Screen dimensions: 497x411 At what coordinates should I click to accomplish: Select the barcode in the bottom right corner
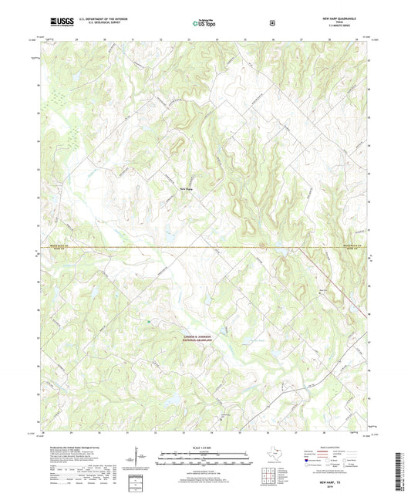click(399, 463)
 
